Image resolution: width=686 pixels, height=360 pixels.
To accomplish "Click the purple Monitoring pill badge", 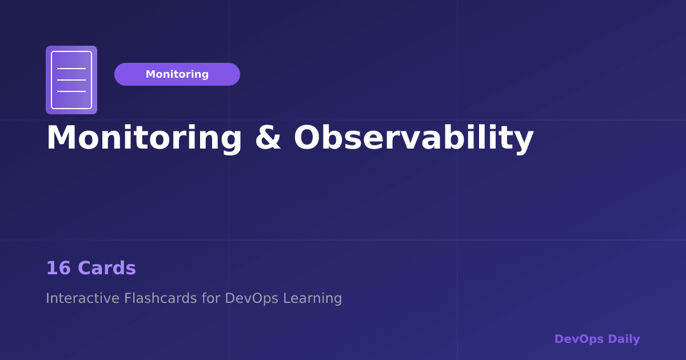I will (x=177, y=74).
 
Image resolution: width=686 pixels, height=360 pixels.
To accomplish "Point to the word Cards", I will (x=107, y=269).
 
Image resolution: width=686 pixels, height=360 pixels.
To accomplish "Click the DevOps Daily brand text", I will (x=597, y=339).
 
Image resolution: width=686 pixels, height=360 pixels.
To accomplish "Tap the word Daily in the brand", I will (x=624, y=339).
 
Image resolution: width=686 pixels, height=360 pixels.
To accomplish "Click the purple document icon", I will (x=71, y=80).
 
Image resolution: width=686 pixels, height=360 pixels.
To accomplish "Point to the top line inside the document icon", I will (x=71, y=69).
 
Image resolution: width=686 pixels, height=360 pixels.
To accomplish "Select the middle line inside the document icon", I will (x=71, y=80).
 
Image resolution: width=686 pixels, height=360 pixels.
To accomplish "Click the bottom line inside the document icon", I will (x=71, y=91).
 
